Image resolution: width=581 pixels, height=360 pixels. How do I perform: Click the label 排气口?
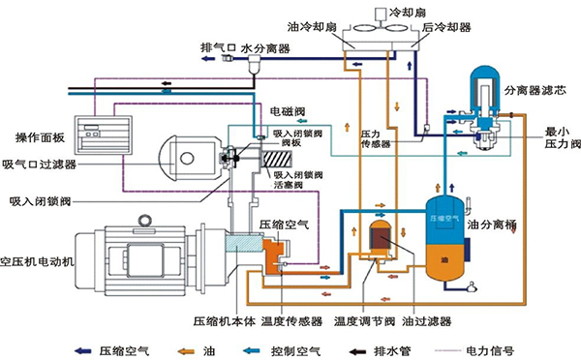pos(217,45)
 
